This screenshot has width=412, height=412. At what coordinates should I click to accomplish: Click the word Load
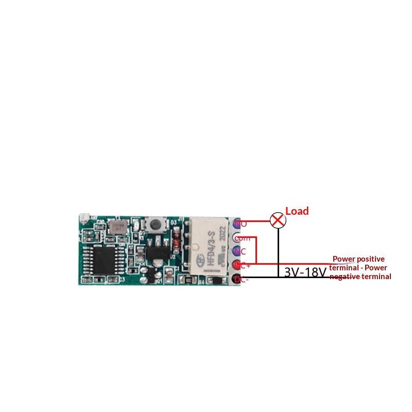coord(297,211)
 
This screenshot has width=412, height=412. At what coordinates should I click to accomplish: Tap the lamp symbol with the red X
coord(278,220)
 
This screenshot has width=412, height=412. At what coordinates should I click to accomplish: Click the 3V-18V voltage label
coord(305,272)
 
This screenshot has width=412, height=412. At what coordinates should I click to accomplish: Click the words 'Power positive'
coord(358,259)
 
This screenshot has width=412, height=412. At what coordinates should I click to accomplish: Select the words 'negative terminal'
coord(360,277)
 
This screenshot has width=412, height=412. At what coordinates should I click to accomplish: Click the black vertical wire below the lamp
coord(278,252)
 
